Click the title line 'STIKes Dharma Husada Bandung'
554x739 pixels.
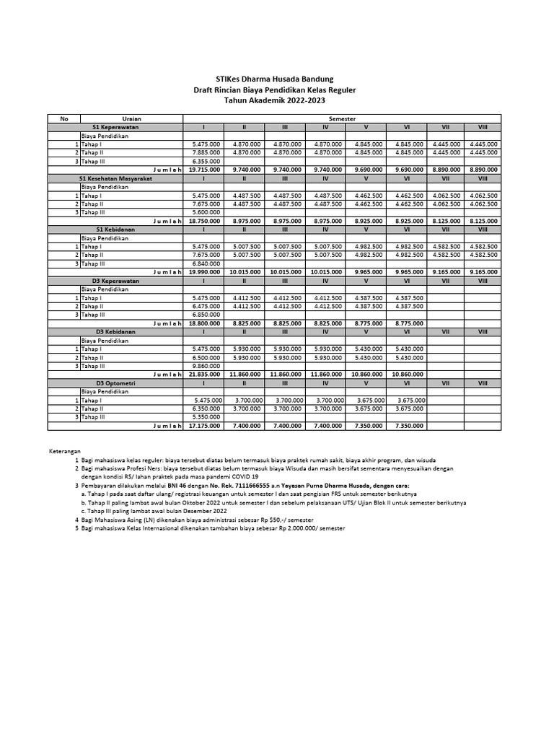pos(276,79)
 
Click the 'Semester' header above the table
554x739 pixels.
pos(343,118)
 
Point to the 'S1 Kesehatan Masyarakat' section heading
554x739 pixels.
pos(110,178)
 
